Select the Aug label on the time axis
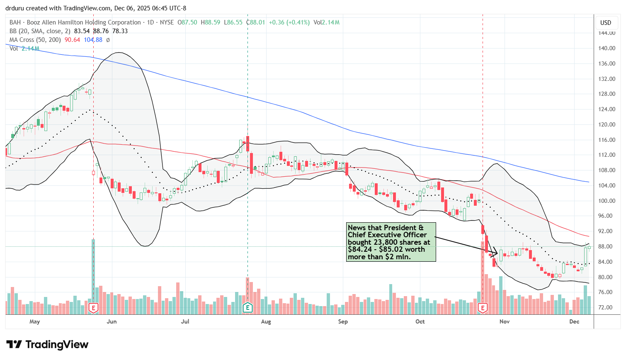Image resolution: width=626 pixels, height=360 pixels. click(266, 321)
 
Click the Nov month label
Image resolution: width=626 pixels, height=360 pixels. click(505, 321)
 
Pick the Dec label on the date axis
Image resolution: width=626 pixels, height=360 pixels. click(574, 321)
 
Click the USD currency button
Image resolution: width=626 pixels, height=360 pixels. click(606, 22)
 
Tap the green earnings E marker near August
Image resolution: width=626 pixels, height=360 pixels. click(247, 307)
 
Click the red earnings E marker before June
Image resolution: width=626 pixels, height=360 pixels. click(93, 307)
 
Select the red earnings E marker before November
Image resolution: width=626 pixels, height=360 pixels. click(483, 307)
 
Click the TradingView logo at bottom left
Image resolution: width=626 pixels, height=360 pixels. click(47, 345)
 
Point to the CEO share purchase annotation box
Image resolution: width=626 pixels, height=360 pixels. click(391, 242)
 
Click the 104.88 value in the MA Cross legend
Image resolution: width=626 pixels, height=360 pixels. click(93, 40)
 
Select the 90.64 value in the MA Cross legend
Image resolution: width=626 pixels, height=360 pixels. click(72, 40)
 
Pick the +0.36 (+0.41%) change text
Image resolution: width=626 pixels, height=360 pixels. click(289, 22)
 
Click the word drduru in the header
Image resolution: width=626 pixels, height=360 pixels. click(15, 8)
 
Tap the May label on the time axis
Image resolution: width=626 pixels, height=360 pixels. click(35, 321)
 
